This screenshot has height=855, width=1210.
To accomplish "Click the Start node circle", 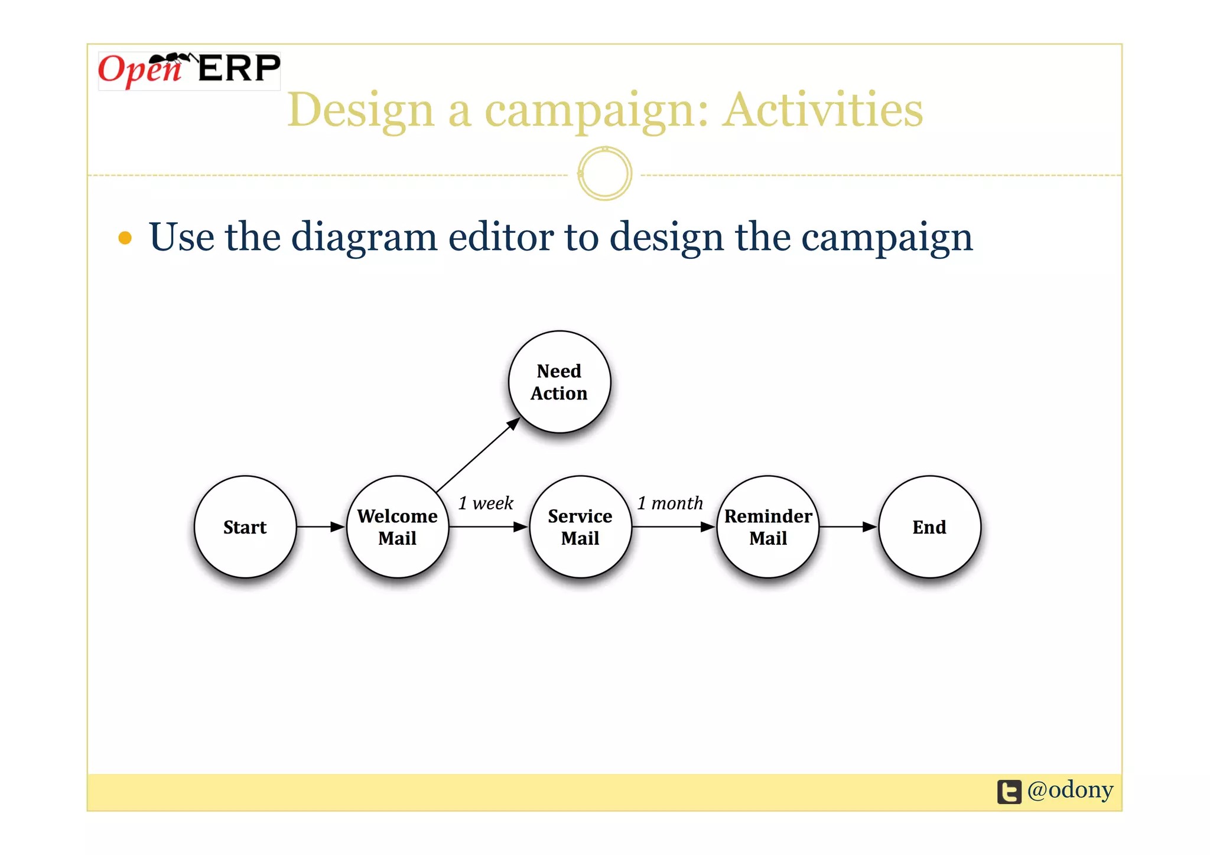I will pyautogui.click(x=245, y=526).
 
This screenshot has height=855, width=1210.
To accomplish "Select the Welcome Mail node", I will pyautogui.click(x=398, y=526).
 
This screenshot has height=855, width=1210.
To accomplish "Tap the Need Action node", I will pyautogui.click(x=559, y=382).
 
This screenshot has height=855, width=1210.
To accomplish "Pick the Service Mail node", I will pyautogui.click(x=580, y=526).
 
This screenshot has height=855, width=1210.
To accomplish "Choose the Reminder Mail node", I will pyautogui.click(x=768, y=526).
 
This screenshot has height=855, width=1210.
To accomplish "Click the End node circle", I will pyautogui.click(x=929, y=526).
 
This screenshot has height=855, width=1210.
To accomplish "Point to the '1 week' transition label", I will pyautogui.click(x=486, y=503).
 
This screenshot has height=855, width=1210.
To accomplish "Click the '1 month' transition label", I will pyautogui.click(x=670, y=503).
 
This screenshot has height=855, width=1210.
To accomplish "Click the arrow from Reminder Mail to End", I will pyautogui.click(x=848, y=526).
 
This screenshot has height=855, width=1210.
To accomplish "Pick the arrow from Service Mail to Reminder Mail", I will pyautogui.click(x=674, y=526).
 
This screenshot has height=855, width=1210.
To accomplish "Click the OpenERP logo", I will pyautogui.click(x=189, y=70).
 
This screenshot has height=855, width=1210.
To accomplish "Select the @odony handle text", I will pyautogui.click(x=1070, y=790).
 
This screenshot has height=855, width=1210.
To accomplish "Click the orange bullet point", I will pyautogui.click(x=125, y=238).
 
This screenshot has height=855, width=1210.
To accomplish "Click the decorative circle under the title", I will pyautogui.click(x=604, y=174).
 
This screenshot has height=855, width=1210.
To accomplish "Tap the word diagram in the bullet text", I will pyautogui.click(x=364, y=238).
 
